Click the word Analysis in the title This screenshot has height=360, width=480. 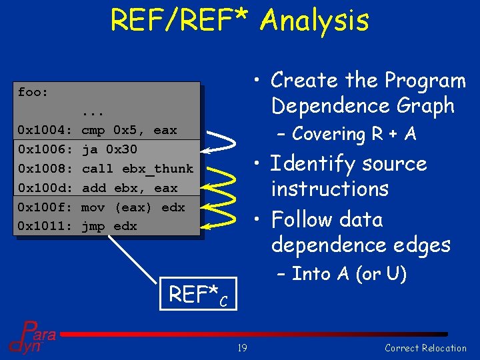[314, 20]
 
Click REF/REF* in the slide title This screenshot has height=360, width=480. [181, 20]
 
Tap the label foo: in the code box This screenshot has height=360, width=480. [33, 92]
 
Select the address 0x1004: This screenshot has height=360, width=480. [45, 131]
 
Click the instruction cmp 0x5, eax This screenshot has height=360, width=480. [129, 131]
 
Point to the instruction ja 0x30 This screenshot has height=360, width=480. [109, 150]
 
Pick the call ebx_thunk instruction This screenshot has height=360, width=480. [137, 169]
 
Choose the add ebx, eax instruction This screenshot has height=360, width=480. [129, 188]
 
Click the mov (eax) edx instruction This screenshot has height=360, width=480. [133, 207]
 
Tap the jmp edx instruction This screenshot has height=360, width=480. [109, 227]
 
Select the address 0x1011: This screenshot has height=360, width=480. [45, 227]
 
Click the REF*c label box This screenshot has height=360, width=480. [199, 295]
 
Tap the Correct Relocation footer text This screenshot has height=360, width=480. [425, 348]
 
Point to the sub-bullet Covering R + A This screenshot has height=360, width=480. [353, 134]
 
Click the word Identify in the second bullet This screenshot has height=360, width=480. [314, 164]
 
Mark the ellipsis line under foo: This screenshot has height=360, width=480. [93, 111]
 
